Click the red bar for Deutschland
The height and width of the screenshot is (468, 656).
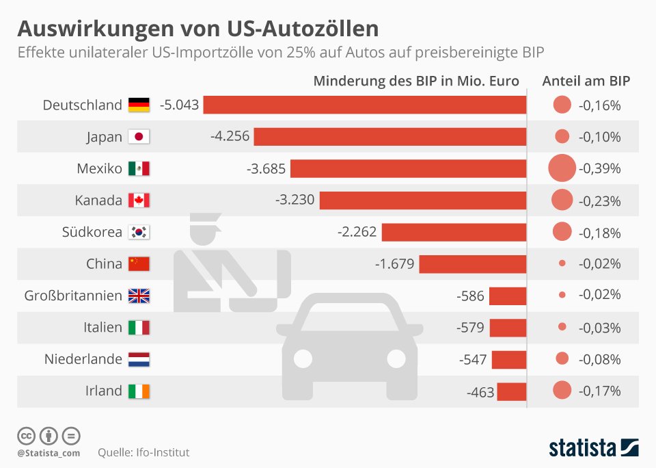[365, 105]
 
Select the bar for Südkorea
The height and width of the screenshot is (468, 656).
[454, 232]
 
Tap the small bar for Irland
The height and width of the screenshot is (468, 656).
[512, 392]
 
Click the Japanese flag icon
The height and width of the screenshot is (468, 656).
[139, 137]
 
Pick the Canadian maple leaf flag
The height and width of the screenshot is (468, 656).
[139, 200]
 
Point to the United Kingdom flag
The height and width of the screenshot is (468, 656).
[139, 296]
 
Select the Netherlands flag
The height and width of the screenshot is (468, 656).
[139, 359]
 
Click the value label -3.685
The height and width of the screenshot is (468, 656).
[266, 168]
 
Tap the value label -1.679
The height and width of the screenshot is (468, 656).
[394, 264]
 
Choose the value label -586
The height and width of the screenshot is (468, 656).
[470, 296]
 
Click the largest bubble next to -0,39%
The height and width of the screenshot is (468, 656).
[562, 168]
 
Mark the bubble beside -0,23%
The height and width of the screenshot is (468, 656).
[562, 199]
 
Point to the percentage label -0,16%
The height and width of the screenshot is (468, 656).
[599, 105]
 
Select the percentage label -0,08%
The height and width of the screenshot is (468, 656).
[599, 359]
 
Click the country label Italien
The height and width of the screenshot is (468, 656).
[102, 327]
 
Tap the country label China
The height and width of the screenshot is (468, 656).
[104, 263]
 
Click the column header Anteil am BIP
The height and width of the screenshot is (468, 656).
[586, 81]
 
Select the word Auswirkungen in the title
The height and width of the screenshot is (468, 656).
[96, 29]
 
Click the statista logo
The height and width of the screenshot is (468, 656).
[594, 447]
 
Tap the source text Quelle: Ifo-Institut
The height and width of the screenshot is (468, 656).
[143, 452]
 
